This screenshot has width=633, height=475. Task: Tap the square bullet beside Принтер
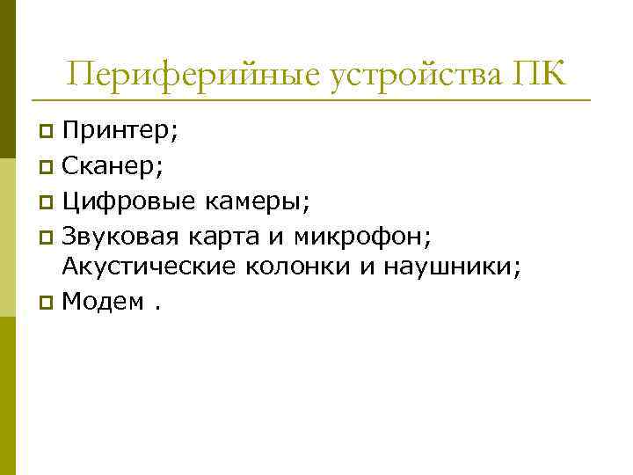point(47,134)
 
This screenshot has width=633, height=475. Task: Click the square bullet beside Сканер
point(47,167)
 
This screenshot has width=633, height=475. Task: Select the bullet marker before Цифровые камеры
point(47,201)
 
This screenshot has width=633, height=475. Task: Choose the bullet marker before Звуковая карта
point(47,236)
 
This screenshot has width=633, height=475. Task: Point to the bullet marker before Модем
point(47,303)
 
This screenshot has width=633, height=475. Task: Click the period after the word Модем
point(158,308)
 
